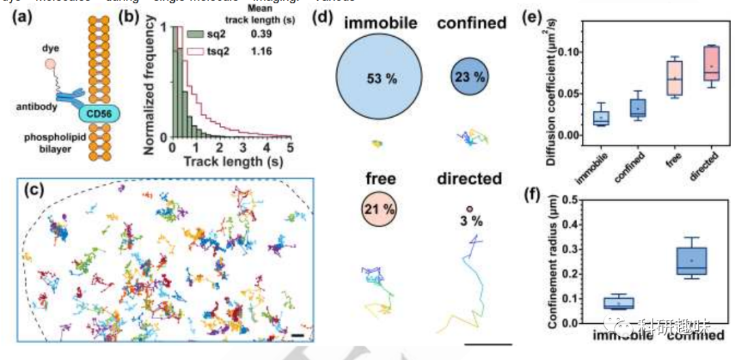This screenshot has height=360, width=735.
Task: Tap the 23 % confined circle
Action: (470, 77)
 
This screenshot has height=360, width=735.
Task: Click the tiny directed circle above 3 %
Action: (469, 209)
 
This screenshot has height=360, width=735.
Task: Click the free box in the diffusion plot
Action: (674, 79)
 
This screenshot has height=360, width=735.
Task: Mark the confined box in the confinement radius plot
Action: (692, 261)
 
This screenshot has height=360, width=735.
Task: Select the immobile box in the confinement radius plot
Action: (619, 303)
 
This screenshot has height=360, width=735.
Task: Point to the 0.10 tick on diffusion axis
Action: (570, 52)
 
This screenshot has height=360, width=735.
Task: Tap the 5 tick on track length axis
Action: (290, 146)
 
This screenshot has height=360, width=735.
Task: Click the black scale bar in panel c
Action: (297, 334)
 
